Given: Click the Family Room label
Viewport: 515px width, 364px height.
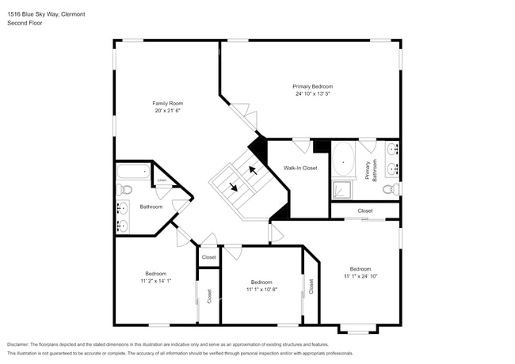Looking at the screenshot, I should (167, 103).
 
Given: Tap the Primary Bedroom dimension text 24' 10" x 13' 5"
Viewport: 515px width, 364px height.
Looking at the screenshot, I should (312, 93).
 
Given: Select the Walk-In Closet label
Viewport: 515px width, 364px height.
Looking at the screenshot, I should (300, 168).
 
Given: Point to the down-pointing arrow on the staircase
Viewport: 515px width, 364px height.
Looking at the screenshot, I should (235, 188).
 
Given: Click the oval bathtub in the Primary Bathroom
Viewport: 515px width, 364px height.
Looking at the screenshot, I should (343, 160).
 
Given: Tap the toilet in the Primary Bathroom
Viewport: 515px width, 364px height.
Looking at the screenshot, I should (391, 188).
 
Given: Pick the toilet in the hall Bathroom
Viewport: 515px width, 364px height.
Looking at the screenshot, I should (124, 189).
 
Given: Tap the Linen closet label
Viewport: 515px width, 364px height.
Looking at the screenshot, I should (162, 180).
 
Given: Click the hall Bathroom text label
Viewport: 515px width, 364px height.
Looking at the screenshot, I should (151, 207).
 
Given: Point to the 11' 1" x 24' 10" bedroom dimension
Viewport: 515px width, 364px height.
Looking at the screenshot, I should (360, 275).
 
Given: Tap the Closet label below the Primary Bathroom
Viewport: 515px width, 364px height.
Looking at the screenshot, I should (364, 210).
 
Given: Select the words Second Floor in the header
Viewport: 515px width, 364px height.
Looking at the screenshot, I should (25, 23).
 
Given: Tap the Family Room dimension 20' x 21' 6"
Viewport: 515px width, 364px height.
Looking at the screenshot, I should (167, 111).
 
